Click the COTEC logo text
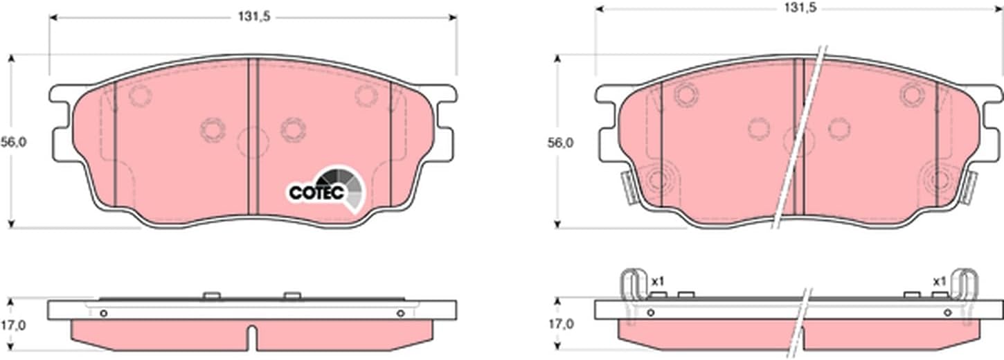coord(316,192)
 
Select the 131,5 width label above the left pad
coord(254,17)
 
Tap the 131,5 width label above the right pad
coord(800,7)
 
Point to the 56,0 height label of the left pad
coord(13,142)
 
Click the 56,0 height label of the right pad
coord(560,143)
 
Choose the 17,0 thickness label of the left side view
coord(13,325)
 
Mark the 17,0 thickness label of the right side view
coord(560,323)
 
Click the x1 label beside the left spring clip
coord(658,282)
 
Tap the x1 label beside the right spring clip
coord(939,282)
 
